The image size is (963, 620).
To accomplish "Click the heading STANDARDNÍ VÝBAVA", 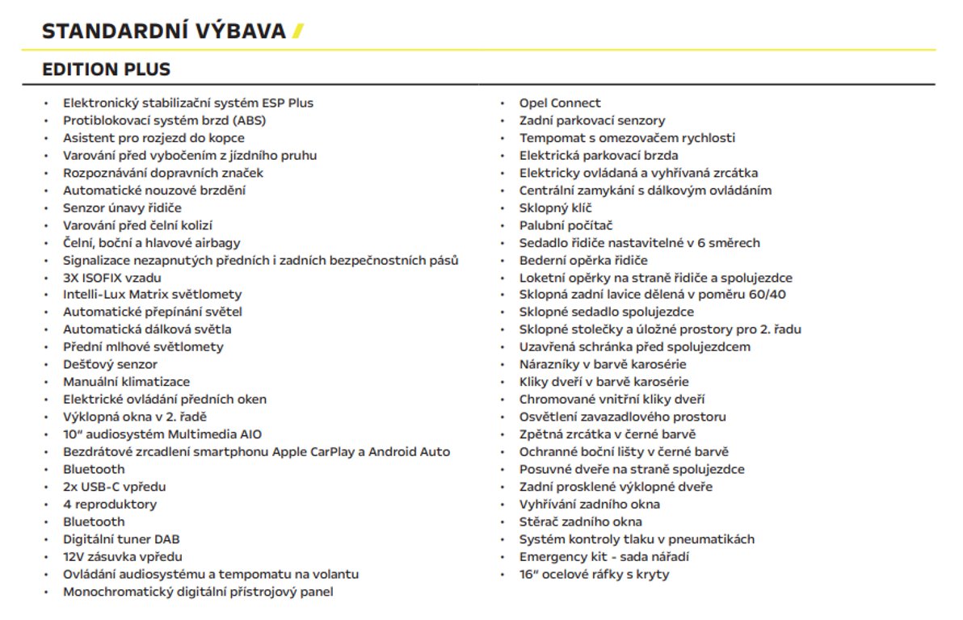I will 164,31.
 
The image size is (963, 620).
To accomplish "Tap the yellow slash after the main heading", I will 297,31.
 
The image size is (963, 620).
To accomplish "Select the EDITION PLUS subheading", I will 106,69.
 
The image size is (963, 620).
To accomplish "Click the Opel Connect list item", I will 559,103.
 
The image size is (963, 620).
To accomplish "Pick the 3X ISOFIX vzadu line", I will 112,278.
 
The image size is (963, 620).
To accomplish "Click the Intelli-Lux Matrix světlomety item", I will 152,295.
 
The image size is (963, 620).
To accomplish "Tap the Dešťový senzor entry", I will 110,365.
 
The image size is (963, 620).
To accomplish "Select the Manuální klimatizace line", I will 126,382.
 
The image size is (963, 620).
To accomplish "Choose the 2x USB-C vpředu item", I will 114,487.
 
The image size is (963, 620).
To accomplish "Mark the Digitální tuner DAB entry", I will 120,539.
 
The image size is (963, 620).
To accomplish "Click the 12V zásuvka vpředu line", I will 122,557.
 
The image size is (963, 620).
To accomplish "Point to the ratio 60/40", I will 767,295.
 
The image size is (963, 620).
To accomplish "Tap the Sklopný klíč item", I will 555,208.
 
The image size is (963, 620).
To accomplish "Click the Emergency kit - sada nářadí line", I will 603,557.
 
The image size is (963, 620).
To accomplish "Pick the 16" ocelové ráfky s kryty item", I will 594,575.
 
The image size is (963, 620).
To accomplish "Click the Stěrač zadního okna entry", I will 580,522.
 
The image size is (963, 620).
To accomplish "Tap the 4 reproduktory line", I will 110,505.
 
